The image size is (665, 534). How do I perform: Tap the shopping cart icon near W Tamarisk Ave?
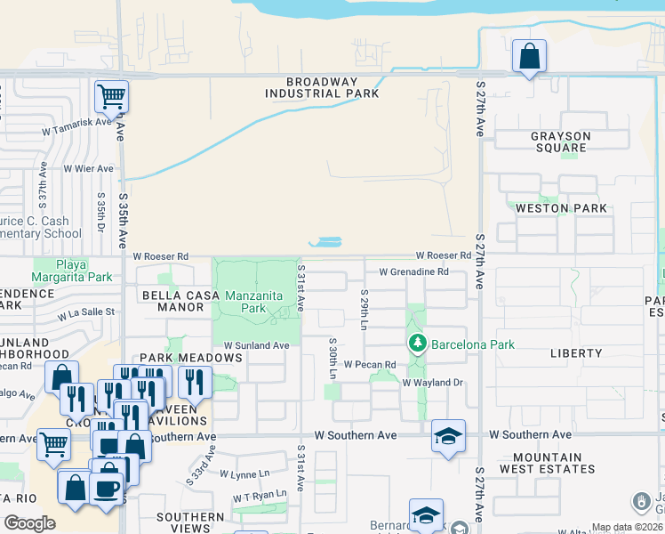coord(111,95)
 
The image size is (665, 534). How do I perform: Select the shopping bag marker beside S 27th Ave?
coord(529,56)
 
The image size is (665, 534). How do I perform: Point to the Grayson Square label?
coord(560,142)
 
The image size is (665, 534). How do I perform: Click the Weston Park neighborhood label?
coord(560,208)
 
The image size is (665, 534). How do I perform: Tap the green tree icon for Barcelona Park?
coord(416,344)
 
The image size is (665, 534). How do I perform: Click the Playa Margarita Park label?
coord(74,271)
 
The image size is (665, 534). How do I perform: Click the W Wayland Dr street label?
coord(434,383)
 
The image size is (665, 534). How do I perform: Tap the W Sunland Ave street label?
coord(256,345)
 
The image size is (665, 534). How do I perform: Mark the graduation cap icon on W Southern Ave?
coord(448,435)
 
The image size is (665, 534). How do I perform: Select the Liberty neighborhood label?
coord(576,353)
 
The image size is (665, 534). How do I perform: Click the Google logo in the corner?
coord(29,523)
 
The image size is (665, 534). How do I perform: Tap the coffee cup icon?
coord(107,489)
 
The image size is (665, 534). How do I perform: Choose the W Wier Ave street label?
coord(88,168)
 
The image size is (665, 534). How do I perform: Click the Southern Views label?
coord(190,523)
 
